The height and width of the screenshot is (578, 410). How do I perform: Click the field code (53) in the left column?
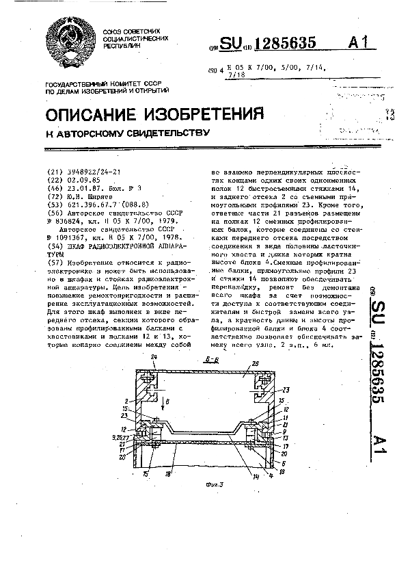(x=51, y=204)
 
